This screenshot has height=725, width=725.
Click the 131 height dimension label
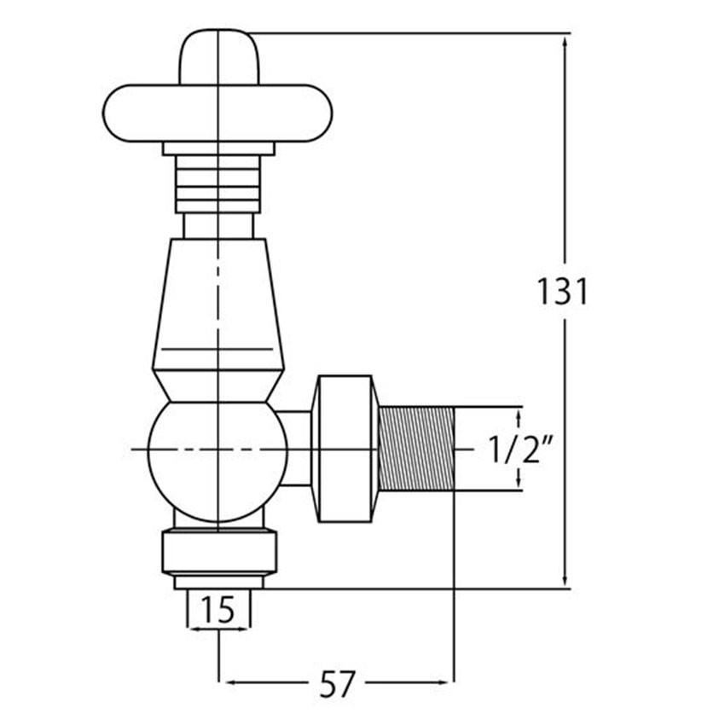point(563,292)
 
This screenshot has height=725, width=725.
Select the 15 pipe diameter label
point(218,610)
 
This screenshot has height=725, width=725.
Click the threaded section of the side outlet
point(416,449)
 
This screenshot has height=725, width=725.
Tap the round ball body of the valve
point(217,461)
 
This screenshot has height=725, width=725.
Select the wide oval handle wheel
point(217,113)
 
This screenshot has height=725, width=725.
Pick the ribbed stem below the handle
point(217,184)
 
